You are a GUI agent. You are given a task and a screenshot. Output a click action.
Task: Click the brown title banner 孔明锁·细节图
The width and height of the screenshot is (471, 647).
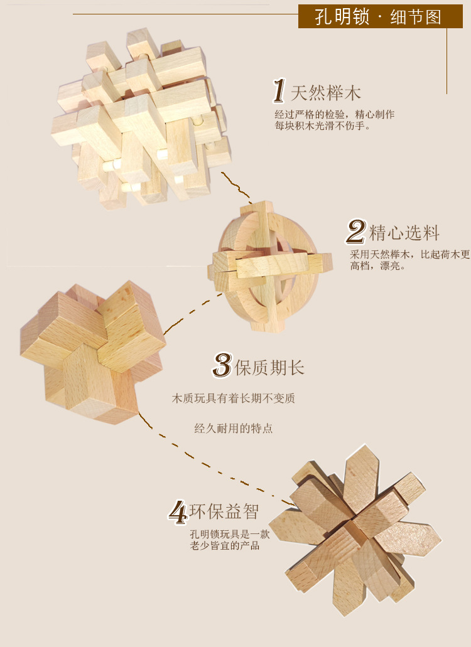(379, 16)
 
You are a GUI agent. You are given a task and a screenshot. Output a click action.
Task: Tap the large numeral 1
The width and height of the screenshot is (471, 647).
(279, 91)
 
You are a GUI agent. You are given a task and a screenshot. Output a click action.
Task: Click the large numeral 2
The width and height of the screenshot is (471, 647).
(356, 232)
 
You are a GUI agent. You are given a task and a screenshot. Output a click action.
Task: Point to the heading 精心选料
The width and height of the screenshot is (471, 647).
(404, 233)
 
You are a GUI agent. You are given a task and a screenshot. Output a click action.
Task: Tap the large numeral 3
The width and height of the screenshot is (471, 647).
(222, 365)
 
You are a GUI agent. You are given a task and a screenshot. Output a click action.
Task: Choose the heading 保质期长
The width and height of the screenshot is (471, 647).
(269, 367)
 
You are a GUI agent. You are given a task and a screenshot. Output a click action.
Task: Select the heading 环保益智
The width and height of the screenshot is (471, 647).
(224, 511)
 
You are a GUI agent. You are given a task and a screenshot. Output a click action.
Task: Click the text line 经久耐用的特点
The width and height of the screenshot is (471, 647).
(234, 429)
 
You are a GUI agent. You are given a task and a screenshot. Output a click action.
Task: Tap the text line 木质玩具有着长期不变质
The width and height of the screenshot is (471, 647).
(234, 398)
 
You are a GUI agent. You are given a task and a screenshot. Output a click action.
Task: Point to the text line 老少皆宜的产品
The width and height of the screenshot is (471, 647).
(225, 546)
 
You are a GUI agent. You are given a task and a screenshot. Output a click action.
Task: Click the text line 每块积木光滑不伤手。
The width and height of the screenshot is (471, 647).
(323, 126)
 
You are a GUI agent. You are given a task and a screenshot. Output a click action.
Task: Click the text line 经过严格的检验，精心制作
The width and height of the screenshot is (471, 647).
(335, 114)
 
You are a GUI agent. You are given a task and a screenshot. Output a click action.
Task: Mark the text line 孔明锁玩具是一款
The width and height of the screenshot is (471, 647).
(230, 535)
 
